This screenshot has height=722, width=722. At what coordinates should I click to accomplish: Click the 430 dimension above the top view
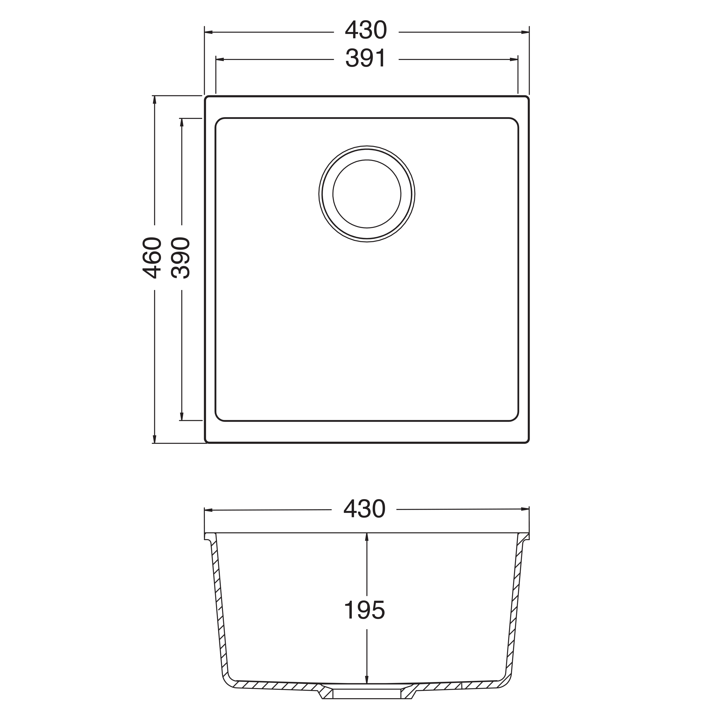point(366,31)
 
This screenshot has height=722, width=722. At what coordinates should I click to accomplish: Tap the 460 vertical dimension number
point(153,258)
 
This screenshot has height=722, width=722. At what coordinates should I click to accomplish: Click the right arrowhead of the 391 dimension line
point(514,59)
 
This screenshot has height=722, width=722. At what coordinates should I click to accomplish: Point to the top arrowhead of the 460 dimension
point(154,100)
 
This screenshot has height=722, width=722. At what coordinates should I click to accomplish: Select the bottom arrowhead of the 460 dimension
point(154,439)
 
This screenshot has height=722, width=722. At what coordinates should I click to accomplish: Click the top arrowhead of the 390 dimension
point(182,122)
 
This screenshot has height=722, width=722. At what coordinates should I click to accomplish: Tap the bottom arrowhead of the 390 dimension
point(182,416)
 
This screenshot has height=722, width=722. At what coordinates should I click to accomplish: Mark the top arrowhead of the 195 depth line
point(367,537)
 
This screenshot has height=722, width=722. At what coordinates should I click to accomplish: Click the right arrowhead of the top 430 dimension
point(525,32)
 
